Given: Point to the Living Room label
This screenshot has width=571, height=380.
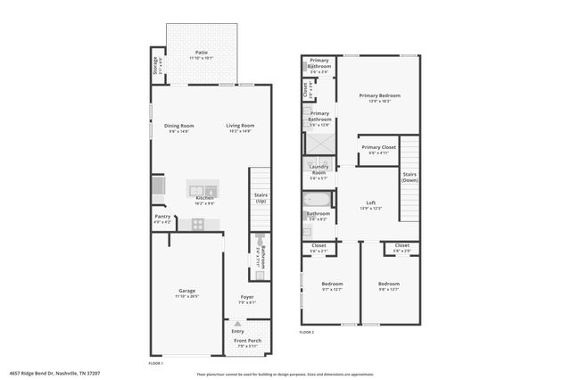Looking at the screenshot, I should tap(240, 126).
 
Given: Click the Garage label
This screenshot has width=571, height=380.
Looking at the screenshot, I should tap(186, 291).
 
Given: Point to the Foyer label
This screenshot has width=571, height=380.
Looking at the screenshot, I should tap(247, 297).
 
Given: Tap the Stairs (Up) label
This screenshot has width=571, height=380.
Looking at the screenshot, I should tap(261, 198).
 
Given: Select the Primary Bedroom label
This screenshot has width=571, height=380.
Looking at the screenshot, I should tap(379, 95).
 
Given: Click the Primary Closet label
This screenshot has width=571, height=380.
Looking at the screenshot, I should tap(378, 147).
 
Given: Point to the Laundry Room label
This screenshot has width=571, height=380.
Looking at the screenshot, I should tap(319, 170).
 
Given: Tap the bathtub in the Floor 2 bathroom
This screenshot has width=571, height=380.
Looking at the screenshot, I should tap(319, 199).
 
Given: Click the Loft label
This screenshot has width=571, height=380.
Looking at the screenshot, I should tap(370, 203).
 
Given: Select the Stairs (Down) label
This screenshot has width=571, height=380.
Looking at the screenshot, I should tap(410, 176).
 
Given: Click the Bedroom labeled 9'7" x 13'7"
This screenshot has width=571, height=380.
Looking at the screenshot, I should tap(332, 285).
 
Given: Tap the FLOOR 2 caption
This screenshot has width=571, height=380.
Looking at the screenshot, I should tap(307, 331).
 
